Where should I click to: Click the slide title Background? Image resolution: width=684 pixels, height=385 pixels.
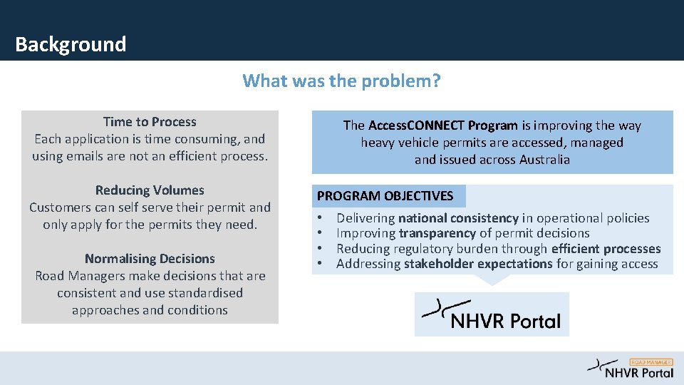click(x=71, y=44)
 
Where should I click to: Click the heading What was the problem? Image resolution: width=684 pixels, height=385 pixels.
click(x=341, y=81)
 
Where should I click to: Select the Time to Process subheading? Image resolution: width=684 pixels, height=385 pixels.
click(x=150, y=122)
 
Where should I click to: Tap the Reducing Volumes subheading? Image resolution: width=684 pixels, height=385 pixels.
click(x=150, y=190)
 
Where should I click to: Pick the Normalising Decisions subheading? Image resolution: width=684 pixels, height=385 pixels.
click(x=150, y=259)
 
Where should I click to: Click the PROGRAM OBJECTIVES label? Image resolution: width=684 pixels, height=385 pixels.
click(x=385, y=196)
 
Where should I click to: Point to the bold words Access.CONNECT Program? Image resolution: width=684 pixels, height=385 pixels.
click(x=443, y=125)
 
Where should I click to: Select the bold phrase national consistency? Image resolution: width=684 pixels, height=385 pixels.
click(x=458, y=218)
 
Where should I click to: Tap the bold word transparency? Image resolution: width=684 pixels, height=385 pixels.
click(x=437, y=233)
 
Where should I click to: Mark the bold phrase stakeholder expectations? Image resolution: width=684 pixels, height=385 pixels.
click(x=478, y=265)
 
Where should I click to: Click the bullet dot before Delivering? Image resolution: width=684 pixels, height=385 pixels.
click(x=321, y=218)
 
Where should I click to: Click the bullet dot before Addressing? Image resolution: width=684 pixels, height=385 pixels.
click(x=321, y=265)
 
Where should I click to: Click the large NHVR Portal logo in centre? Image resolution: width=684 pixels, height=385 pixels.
click(x=492, y=314)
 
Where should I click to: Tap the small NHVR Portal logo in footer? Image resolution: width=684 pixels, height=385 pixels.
click(x=631, y=369)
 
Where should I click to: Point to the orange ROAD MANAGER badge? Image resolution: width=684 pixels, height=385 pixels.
click(x=651, y=361)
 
